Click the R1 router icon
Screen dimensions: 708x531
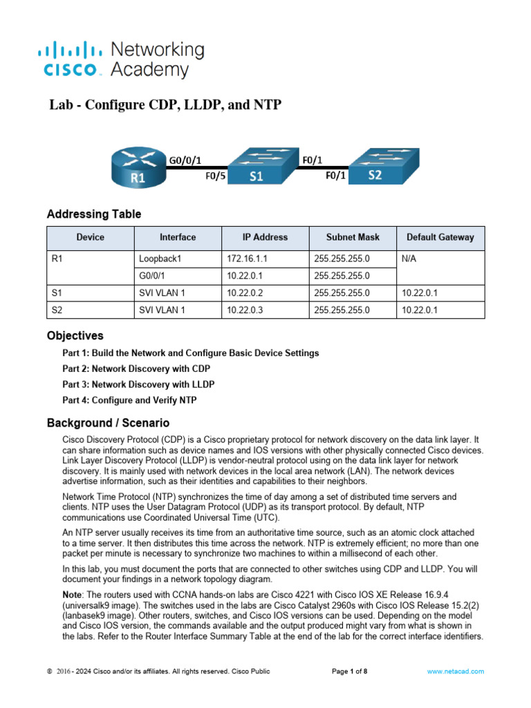(x=138, y=167)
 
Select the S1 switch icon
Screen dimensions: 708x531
(x=257, y=166)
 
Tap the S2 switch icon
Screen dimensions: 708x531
(x=375, y=165)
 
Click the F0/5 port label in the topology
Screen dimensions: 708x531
(x=216, y=176)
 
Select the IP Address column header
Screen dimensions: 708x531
(x=265, y=237)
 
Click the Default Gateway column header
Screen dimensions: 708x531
(x=440, y=237)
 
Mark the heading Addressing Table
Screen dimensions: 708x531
(x=93, y=214)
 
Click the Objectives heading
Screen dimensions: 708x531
(x=75, y=336)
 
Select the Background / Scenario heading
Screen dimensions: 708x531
(x=107, y=422)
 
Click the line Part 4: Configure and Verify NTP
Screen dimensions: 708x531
(x=133, y=400)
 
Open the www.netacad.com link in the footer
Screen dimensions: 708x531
(x=455, y=671)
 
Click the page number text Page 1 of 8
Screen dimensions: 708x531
(x=350, y=671)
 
